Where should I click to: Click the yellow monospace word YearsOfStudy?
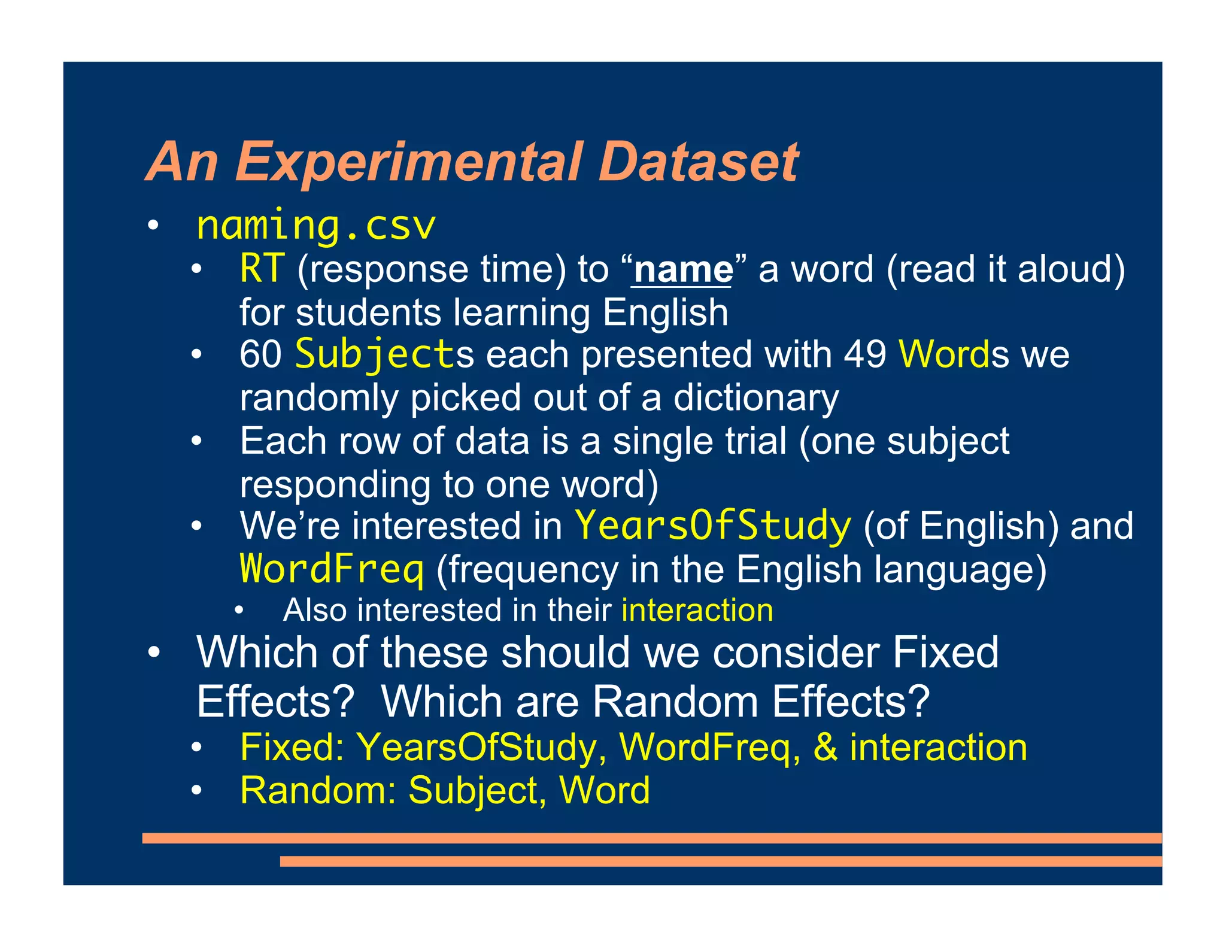(x=712, y=526)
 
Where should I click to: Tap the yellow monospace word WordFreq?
(x=332, y=569)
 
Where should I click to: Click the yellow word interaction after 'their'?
(x=697, y=611)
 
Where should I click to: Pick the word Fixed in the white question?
(x=945, y=652)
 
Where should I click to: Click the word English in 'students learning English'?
(x=665, y=312)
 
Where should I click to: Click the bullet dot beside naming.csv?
(x=154, y=226)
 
